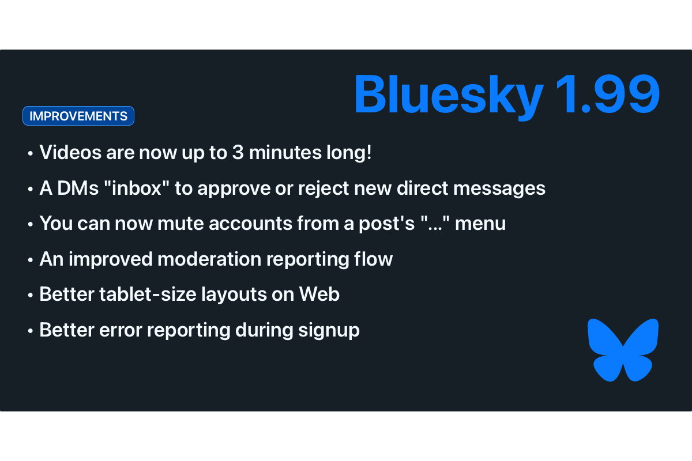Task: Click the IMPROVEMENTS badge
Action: coord(78,116)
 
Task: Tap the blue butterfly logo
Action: coord(623,350)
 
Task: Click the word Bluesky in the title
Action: coord(448,94)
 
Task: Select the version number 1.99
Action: coord(607,93)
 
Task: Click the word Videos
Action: coord(70,152)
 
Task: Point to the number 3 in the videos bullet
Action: coord(238,153)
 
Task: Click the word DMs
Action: coord(78,188)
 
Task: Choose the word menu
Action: coord(480,224)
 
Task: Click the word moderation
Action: coord(209,259)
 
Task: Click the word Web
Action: coord(319,294)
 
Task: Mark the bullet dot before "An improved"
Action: coord(30,260)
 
